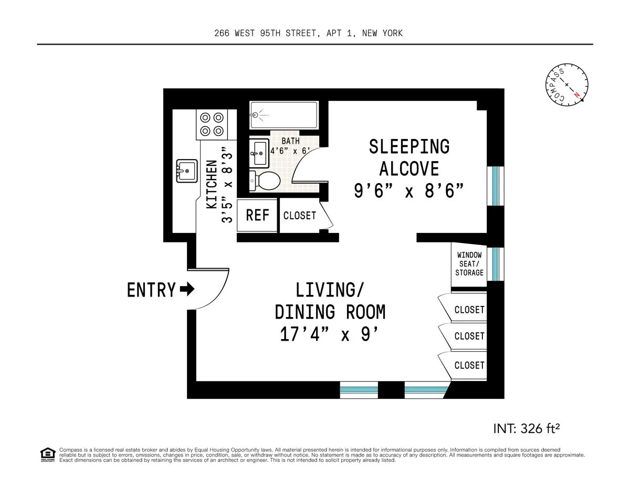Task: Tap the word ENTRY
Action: tap(151, 290)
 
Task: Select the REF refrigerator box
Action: tap(257, 215)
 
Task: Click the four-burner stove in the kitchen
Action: tap(212, 124)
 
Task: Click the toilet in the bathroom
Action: tap(265, 181)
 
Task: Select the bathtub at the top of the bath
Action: tap(284, 114)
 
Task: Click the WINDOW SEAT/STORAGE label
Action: tap(469, 264)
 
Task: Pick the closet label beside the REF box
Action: tap(300, 216)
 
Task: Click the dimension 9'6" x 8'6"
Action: tap(408, 191)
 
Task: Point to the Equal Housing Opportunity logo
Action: tap(47, 454)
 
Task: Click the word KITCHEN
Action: tap(211, 185)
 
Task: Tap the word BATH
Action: tap(291, 141)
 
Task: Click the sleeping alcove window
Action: tap(495, 186)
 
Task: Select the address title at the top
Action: tap(309, 33)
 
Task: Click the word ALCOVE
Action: tap(409, 168)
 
